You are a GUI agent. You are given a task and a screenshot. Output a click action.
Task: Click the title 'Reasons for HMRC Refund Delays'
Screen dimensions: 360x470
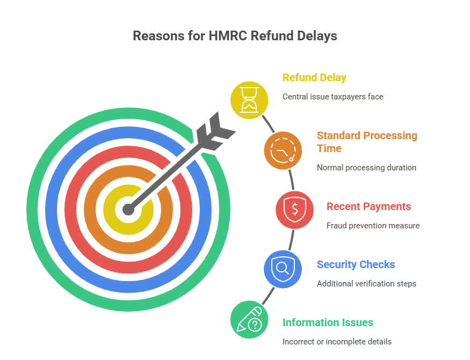tap(235, 36)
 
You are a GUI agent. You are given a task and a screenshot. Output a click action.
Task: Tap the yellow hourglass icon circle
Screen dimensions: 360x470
tap(249, 99)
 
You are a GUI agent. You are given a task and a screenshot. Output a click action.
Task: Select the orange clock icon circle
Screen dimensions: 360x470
tap(283, 150)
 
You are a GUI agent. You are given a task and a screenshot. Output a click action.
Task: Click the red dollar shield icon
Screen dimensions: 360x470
tap(295, 210)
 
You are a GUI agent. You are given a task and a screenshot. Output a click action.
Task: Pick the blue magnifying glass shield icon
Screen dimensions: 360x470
tap(283, 269)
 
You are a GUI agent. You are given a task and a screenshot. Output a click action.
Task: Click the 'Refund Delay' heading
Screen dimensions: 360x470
tap(314, 77)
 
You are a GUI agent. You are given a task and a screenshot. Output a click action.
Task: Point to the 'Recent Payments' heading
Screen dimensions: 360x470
tap(368, 206)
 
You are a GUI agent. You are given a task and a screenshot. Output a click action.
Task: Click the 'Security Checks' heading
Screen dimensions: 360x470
tap(356, 264)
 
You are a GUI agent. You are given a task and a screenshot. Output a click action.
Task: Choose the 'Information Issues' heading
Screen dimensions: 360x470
tap(328, 322)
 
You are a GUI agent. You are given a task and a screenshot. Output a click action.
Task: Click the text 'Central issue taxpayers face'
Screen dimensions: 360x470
tap(333, 97)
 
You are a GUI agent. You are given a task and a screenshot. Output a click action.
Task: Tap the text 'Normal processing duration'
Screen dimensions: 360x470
tap(366, 167)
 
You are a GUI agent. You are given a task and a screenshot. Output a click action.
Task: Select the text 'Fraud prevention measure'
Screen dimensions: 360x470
tap(373, 226)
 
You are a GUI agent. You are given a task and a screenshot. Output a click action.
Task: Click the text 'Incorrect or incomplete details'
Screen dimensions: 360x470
tap(337, 342)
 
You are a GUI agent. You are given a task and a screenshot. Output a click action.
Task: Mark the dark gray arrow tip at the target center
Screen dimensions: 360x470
tap(128, 208)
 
